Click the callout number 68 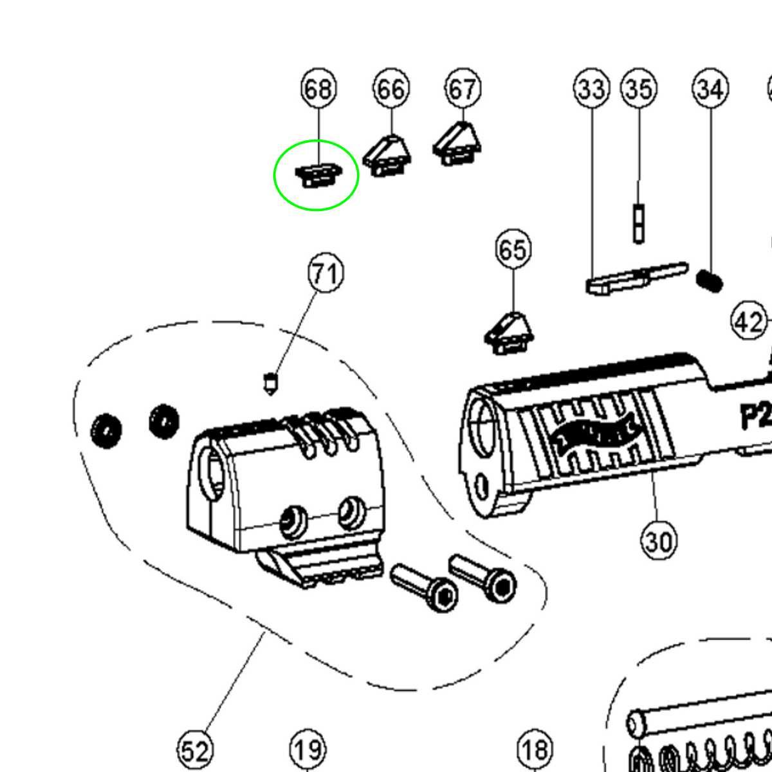318,89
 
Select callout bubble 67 463,89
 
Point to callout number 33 591,89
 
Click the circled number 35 639,89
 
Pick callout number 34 710,89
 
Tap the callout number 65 513,249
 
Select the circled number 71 326,274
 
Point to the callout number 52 195,750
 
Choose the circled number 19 308,749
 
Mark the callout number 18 535,749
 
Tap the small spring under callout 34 710,280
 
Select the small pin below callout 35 638,223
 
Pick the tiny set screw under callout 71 271,383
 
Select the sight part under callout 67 457,146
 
